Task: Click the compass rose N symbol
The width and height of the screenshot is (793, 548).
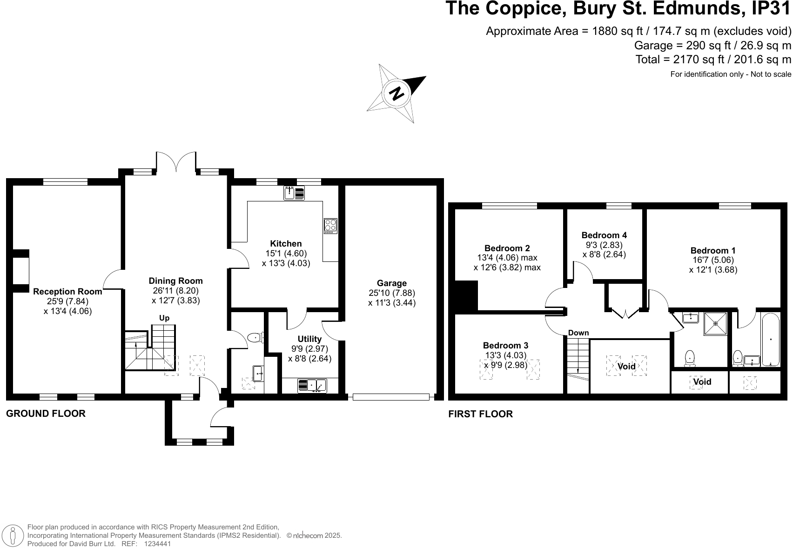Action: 397,94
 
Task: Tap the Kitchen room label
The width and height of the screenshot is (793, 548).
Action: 286,243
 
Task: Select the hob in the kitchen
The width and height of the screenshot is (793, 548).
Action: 330,226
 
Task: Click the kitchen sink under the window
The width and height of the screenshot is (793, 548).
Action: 294,193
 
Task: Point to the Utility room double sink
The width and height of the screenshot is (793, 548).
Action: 312,386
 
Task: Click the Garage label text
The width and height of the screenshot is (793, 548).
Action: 391,283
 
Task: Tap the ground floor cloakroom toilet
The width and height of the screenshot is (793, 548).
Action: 255,338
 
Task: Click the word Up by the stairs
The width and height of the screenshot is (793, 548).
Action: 164,318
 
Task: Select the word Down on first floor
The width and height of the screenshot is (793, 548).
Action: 578,333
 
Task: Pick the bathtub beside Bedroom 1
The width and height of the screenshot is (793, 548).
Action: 771,339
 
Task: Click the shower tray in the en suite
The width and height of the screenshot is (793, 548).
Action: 715,323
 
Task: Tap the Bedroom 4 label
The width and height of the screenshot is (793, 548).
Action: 604,235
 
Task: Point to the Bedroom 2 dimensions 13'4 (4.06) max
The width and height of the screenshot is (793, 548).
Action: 507,258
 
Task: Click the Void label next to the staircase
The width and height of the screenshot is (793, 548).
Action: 626,366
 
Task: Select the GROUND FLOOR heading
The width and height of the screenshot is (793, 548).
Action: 46,413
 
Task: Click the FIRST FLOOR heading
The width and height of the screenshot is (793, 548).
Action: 480,414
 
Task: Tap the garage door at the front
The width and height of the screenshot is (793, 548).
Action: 391,397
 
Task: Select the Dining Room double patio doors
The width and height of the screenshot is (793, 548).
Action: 176,162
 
